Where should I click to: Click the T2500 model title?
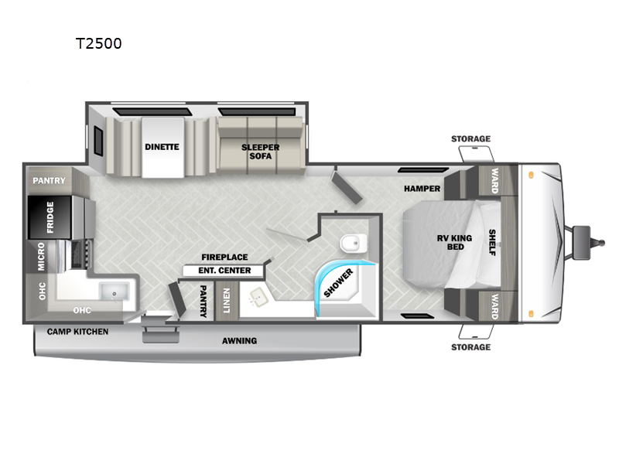99,43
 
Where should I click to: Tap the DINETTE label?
162,147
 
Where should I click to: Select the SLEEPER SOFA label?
261,152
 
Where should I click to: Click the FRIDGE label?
50,217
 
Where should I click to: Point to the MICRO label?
41,257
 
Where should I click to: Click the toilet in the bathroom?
354,243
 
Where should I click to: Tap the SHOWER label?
338,283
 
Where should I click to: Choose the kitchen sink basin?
114,292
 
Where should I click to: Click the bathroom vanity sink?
258,297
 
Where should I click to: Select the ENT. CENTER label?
224,271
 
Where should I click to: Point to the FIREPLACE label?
224,258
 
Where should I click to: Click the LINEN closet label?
227,301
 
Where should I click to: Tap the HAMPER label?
422,189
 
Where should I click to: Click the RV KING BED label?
455,242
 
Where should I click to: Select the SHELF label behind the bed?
492,242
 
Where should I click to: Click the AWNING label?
239,341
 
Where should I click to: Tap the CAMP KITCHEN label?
78,332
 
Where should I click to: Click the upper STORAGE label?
471,139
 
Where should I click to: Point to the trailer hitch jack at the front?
583,242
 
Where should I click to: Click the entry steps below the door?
161,331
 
